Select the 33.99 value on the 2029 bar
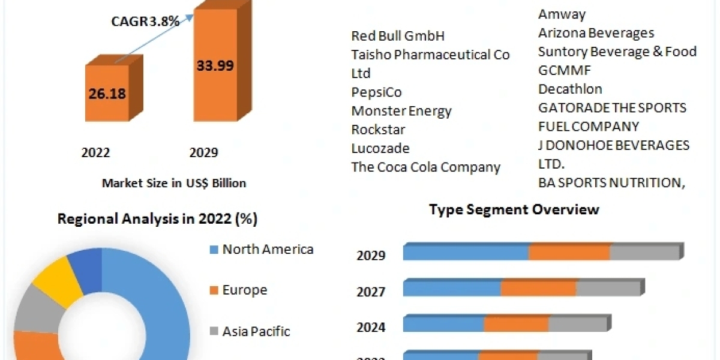(x=215, y=66)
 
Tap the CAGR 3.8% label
(x=145, y=21)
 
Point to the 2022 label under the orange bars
(x=96, y=153)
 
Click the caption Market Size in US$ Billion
(x=174, y=183)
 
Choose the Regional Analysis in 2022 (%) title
(x=157, y=219)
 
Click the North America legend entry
(x=268, y=249)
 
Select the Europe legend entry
(x=245, y=290)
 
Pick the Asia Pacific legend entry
(x=256, y=331)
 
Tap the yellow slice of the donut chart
(x=57, y=278)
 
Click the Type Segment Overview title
(x=514, y=209)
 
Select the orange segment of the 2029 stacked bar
(x=569, y=253)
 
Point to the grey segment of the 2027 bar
(x=608, y=289)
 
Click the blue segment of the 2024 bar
(x=443, y=325)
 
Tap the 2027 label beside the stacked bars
(x=371, y=292)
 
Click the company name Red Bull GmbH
(x=398, y=36)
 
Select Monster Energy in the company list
(x=401, y=111)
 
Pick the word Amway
(x=562, y=14)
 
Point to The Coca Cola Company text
(x=425, y=167)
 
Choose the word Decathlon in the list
(x=570, y=89)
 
